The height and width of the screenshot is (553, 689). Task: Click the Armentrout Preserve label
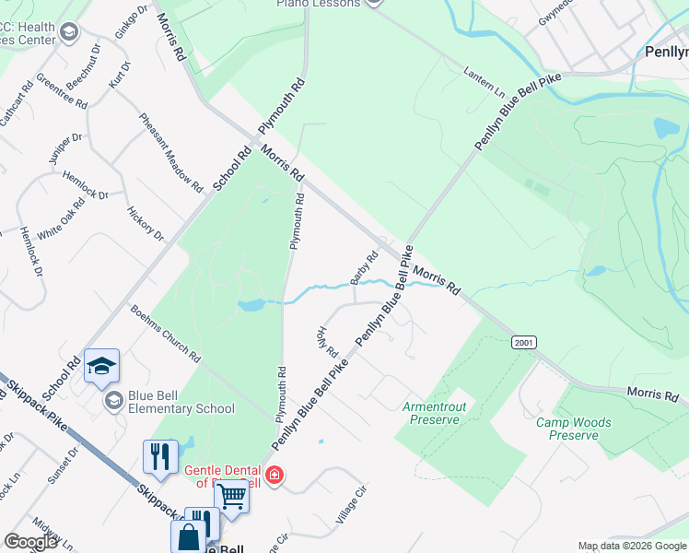click(x=431, y=413)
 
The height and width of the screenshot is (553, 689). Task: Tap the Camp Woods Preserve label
click(x=574, y=429)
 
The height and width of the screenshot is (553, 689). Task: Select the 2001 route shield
click(x=523, y=343)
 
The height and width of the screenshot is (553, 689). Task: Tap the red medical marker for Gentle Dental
click(x=274, y=476)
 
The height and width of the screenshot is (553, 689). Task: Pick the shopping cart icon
click(x=231, y=495)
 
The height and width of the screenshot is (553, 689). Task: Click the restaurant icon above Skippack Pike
click(x=159, y=456)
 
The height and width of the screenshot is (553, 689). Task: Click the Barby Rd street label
click(x=365, y=268)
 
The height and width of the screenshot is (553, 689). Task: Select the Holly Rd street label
click(x=329, y=343)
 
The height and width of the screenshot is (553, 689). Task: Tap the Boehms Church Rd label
click(x=166, y=332)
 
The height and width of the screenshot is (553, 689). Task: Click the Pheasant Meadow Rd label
click(x=170, y=153)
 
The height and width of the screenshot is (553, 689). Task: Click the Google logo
click(x=30, y=542)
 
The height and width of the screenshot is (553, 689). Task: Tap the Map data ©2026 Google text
click(x=632, y=546)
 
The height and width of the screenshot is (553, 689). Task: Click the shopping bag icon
click(x=188, y=535)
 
